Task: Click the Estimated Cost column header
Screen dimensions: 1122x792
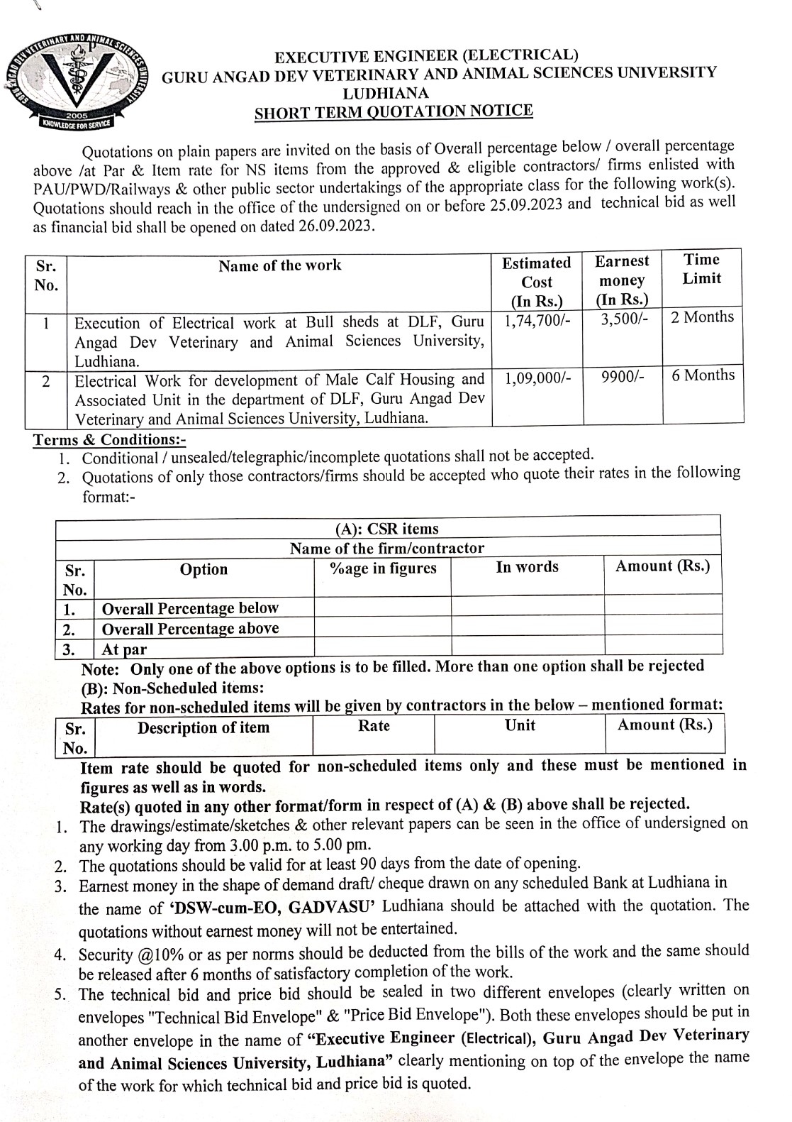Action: point(537,281)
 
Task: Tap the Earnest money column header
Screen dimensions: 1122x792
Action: point(622,280)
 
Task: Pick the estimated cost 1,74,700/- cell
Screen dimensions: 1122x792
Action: point(537,321)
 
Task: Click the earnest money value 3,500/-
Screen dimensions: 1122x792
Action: point(624,319)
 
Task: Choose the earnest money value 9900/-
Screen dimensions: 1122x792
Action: point(623,377)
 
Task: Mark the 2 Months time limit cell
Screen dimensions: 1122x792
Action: point(702,317)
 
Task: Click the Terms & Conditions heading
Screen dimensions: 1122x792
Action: point(109,440)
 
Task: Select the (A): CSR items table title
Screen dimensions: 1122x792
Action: point(387,529)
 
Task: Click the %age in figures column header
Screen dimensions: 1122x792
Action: point(384,568)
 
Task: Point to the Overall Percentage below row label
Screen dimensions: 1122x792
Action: point(190,608)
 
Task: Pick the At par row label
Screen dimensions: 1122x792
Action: point(124,649)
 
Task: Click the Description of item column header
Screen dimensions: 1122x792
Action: point(203,728)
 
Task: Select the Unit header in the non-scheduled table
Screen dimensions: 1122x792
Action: point(520,726)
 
